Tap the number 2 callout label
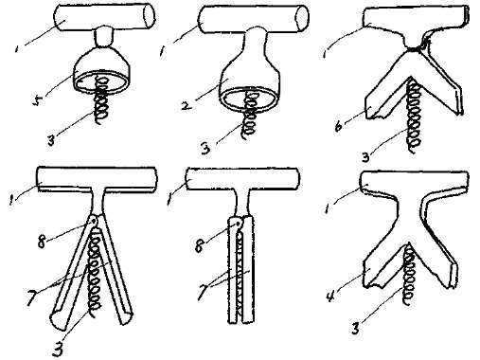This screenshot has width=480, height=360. click(x=187, y=104)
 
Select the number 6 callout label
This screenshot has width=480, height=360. click(x=339, y=126)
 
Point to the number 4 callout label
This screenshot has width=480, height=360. click(x=330, y=296)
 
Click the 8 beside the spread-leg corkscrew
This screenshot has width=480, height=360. click(x=42, y=242)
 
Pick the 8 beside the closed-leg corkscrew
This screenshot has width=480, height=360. click(x=199, y=245)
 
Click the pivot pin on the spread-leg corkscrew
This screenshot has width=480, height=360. click(x=94, y=222)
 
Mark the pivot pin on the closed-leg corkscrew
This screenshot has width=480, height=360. click(x=239, y=224)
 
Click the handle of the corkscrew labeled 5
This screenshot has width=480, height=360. click(x=105, y=18)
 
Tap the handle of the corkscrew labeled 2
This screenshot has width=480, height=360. click(x=254, y=19)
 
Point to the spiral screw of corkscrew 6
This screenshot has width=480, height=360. click(x=413, y=117)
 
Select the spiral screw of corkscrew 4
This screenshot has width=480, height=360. click(x=408, y=274)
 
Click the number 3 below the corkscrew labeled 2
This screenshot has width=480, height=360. click(x=205, y=148)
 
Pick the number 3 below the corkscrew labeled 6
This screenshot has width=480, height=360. click(x=365, y=155)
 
